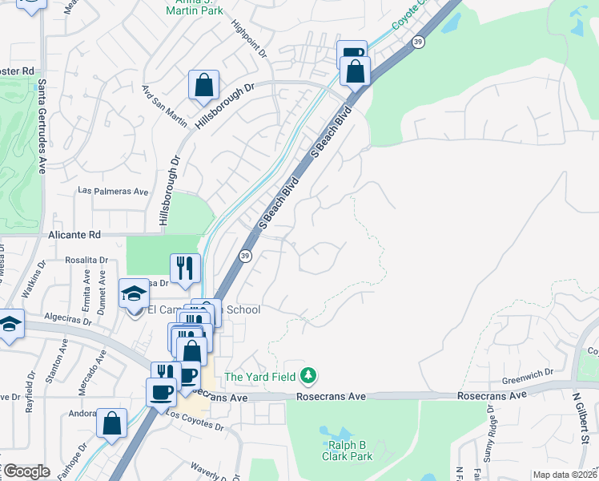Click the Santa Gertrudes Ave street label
click(x=42, y=125)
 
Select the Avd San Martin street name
click(x=164, y=105)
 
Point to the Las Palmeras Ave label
click(x=113, y=192)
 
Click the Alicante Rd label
click(x=74, y=235)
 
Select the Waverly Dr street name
click(x=210, y=470)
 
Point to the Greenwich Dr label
click(x=528, y=373)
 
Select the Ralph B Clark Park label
click(x=348, y=451)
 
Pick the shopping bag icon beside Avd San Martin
click(x=203, y=84)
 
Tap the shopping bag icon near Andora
click(x=112, y=422)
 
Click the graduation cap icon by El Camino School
click(x=134, y=293)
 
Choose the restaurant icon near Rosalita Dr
click(x=185, y=268)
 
